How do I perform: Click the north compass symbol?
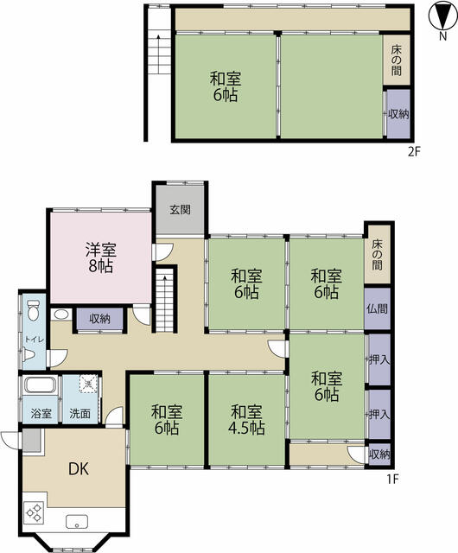coord(442,16)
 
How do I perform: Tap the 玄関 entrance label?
coord(181,210)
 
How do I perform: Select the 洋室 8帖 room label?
coord(101,258)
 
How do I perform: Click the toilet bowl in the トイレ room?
coord(33,310)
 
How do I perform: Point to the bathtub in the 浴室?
coord(41,385)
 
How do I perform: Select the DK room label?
coord(79,468)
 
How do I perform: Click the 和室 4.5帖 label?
coord(246,420)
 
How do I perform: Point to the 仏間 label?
coord(377,308)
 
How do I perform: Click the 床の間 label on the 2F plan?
coord(397,60)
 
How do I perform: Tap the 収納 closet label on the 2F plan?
coord(398,114)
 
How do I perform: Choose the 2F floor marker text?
coord(414,152)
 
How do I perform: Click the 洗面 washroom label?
coord(80,413)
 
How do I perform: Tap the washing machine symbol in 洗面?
coord(88,384)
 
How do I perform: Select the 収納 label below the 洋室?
coord(100,319)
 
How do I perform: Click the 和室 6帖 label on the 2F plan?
coord(226,86)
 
